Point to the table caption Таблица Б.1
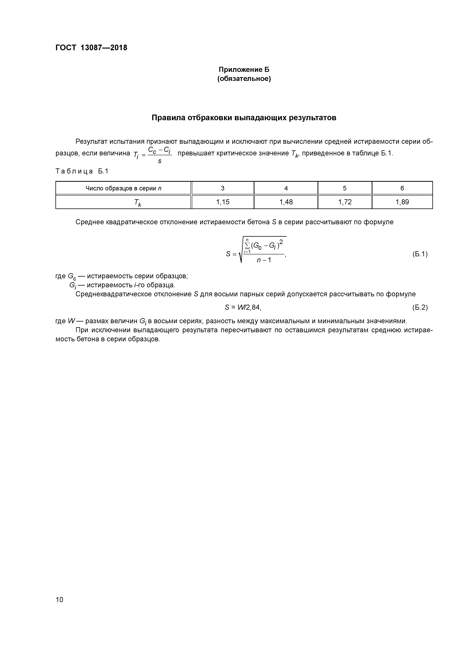point(82,171)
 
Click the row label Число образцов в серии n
point(123,188)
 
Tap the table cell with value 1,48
point(286,202)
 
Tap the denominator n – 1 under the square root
point(264,260)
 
